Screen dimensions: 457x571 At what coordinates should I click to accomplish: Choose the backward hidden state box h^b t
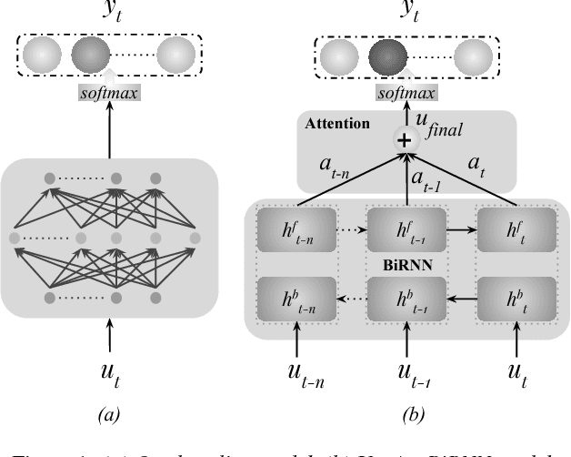coord(514,300)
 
